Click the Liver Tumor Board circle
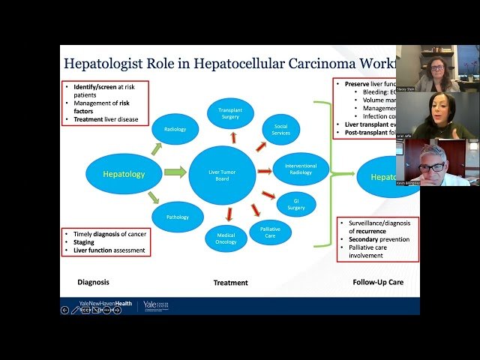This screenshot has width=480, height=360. tap(222, 175)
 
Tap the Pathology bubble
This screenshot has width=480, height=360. tap(178, 217)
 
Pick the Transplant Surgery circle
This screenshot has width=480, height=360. tap(231, 112)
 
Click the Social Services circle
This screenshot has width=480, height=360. tap(281, 129)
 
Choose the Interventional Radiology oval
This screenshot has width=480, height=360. tap(301, 169)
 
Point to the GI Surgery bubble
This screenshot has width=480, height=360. tap(296, 204)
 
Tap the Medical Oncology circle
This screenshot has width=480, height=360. tap(226, 238)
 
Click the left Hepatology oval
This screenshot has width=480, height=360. tap(124, 174)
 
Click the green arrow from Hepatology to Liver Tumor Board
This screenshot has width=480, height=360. tap(174, 172)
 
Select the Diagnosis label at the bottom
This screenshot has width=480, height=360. tap(94, 283)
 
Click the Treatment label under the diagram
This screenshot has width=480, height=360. tap(231, 283)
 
